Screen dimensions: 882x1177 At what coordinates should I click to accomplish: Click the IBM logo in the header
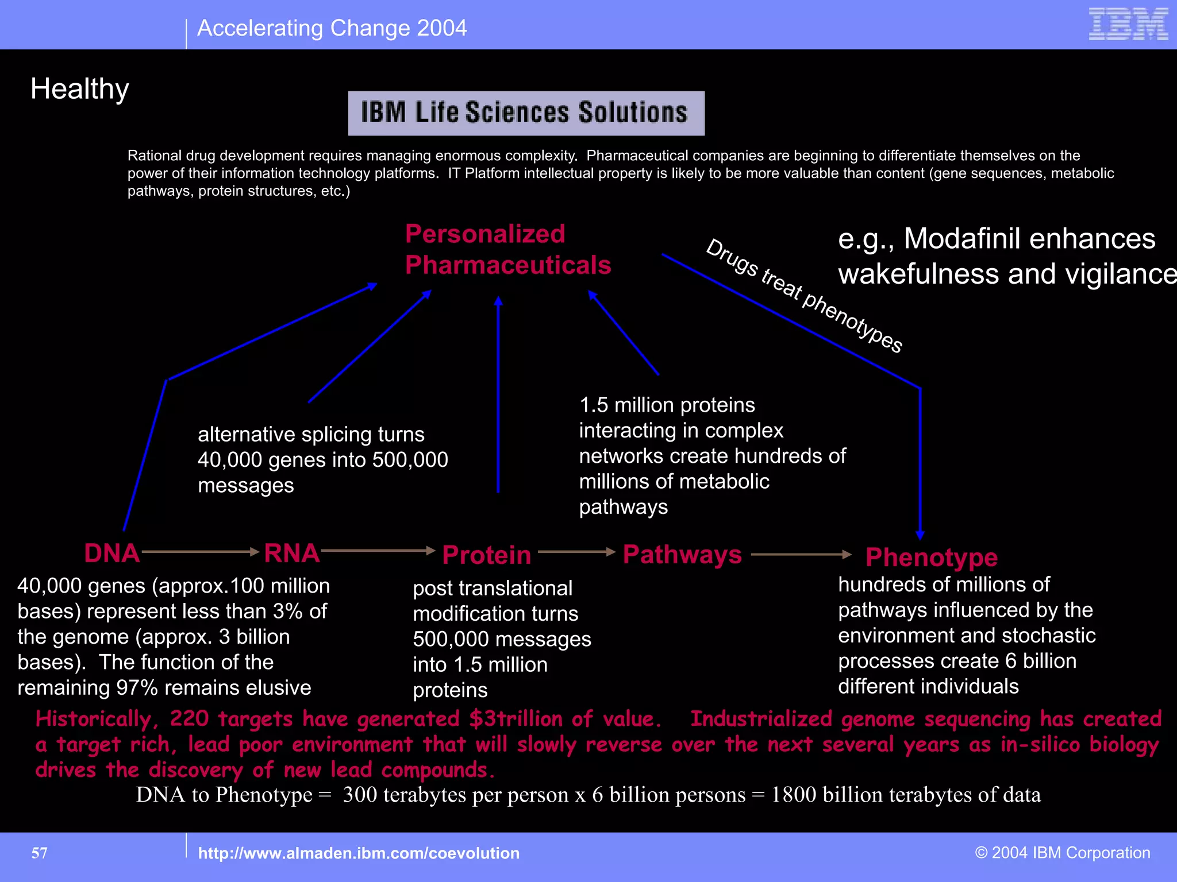coord(1128,24)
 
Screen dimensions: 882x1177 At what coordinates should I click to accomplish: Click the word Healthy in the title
coord(80,90)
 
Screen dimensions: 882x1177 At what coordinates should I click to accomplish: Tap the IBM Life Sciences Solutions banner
coord(526,113)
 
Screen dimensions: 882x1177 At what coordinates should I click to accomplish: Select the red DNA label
coord(112,553)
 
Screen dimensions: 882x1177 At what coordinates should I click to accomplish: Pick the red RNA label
coord(291,553)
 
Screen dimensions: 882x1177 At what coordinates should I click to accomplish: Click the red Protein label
coord(487,555)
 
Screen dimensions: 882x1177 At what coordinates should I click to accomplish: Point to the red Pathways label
coord(682,554)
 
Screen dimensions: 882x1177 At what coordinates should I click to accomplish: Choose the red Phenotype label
coord(932,557)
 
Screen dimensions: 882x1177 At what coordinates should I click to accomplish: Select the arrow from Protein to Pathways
coord(576,552)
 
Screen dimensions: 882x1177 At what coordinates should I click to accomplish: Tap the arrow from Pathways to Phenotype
coord(801,554)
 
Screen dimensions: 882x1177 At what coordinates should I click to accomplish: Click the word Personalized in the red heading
coord(485,234)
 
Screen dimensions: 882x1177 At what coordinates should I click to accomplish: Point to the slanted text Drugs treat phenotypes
coord(804,296)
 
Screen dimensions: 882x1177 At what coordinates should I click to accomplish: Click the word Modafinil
coord(978,239)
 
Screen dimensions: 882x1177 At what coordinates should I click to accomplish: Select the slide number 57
coord(40,853)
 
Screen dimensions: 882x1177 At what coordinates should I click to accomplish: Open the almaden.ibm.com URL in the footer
coord(359,853)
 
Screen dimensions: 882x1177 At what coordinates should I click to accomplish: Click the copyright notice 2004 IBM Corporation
coord(1063,853)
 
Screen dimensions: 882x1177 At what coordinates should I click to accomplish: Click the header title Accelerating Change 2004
coord(332,28)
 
